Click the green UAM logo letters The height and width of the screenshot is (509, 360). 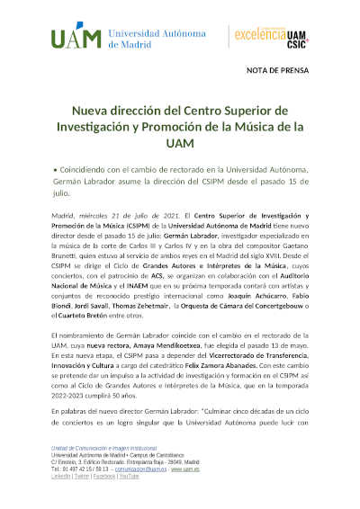click(76, 39)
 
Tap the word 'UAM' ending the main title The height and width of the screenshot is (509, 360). click(179, 142)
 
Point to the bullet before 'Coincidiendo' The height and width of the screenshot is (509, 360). click(53, 168)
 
